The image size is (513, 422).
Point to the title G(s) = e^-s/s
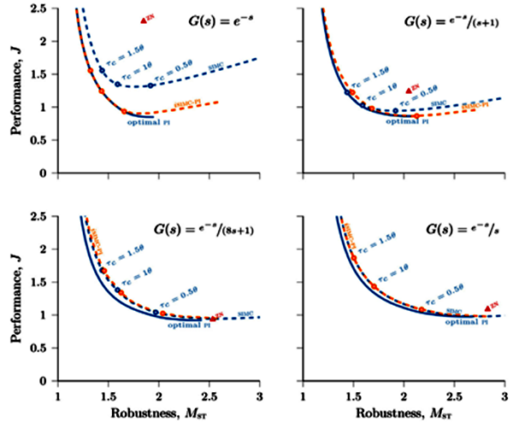449,231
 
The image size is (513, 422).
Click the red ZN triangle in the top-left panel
144,19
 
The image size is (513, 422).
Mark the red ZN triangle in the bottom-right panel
488,307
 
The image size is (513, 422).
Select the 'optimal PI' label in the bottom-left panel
182,325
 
